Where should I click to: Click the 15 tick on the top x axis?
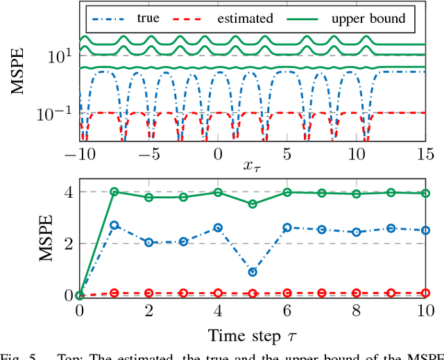(x=425, y=153)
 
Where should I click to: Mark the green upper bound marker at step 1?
(x=114, y=192)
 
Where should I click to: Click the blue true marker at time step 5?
(x=253, y=272)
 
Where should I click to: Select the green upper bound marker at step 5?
(x=253, y=204)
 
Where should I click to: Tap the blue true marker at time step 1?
(x=114, y=225)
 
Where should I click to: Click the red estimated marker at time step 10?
(x=425, y=293)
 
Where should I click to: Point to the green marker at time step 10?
(x=425, y=194)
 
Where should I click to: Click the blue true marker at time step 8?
(x=356, y=232)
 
